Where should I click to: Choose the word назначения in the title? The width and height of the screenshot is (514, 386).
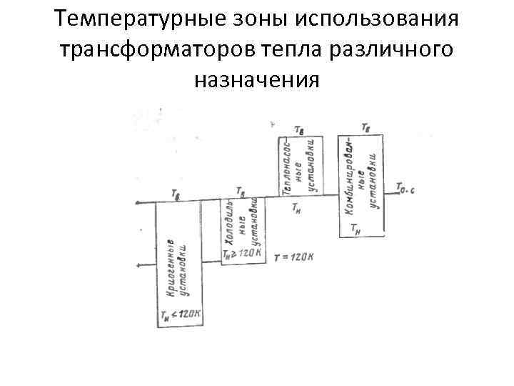256,80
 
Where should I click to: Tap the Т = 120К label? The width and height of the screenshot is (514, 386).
293,257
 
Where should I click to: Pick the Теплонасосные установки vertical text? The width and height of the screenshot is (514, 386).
298,167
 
